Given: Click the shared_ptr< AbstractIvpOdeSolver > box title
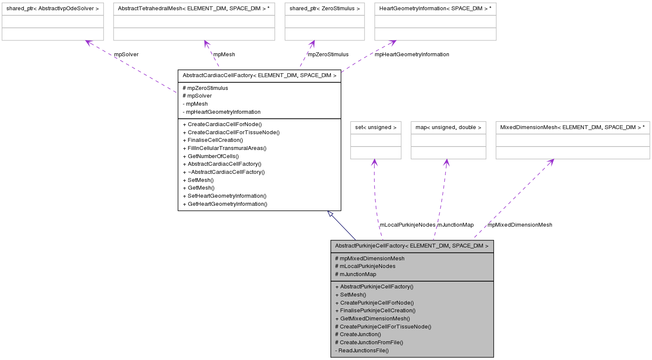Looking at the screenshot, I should point(52,9).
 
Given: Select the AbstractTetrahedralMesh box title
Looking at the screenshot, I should point(194,9).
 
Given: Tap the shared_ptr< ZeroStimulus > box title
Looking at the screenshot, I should point(325,9).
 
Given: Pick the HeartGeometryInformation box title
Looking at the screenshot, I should point(435,9).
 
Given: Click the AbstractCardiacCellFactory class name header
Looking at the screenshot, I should point(259,75).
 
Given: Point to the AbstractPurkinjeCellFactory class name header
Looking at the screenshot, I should point(412,246).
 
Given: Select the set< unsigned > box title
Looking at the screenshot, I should point(376,127).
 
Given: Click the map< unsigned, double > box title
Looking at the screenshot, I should point(448,127).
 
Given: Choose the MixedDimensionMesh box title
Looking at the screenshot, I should point(572,127).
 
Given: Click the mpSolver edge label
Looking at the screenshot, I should point(126,55).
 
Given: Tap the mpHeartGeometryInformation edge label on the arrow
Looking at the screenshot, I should point(412,55).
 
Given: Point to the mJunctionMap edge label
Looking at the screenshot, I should point(455,225).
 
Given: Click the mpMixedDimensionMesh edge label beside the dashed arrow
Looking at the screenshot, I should point(520,225).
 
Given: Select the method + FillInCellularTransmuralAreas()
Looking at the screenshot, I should point(224,148).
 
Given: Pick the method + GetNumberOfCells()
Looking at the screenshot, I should point(211,156).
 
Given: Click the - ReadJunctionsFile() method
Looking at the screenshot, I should point(362,351).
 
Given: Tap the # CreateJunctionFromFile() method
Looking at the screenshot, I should point(369,343).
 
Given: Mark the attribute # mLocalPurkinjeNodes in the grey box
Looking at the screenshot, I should point(365,266).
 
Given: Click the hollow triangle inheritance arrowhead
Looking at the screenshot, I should point(330,214).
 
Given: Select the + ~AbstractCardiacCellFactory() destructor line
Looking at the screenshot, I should point(224,172).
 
